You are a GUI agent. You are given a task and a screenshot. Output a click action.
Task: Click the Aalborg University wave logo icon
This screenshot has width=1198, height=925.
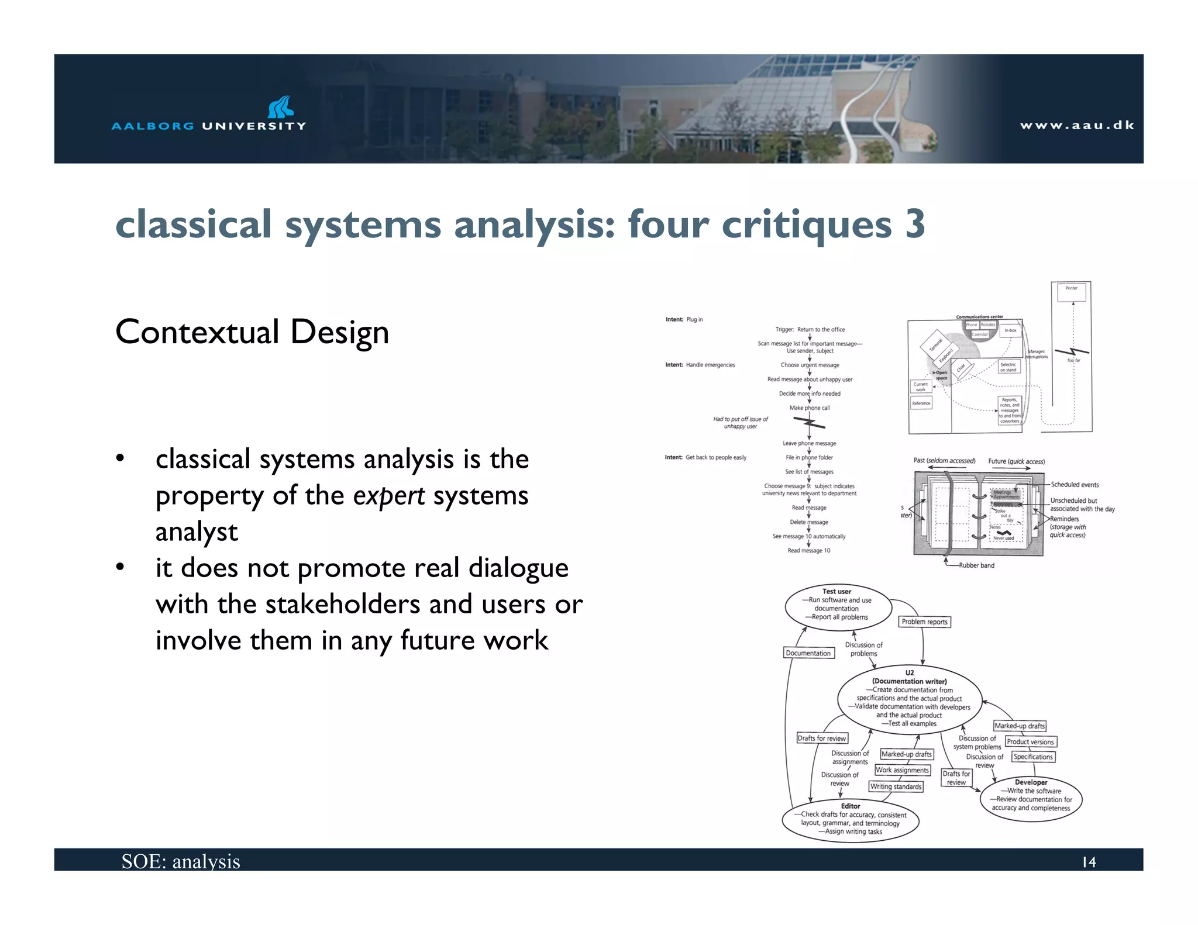pos(281,107)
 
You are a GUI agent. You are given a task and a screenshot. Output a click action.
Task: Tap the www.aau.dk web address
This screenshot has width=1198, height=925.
pos(1077,125)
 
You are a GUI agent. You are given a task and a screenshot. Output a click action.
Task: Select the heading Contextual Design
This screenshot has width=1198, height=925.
pos(252,332)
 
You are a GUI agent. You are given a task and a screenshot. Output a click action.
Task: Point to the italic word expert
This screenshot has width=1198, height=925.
pos(389,496)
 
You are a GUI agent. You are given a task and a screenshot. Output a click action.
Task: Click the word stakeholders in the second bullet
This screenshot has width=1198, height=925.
pos(343,605)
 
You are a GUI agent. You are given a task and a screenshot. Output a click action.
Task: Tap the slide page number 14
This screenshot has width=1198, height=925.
pos(1089,862)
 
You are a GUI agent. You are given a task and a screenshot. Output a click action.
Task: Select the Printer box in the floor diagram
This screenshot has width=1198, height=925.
pos(1072,291)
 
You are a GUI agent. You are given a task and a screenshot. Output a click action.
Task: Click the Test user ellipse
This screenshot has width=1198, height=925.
pos(837,608)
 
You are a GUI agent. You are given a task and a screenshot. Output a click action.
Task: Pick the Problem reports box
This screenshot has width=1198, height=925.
pos(924,622)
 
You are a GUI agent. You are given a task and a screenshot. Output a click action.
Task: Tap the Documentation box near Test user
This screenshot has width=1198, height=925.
pos(808,653)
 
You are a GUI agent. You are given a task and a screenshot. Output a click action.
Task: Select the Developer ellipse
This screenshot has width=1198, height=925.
pos(1031,798)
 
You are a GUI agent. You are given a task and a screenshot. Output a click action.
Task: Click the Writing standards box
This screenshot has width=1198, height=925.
pos(896,786)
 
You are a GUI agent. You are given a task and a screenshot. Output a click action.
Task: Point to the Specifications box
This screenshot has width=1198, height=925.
pos(1033,757)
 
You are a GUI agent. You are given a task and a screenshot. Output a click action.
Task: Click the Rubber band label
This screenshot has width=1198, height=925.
pos(976,565)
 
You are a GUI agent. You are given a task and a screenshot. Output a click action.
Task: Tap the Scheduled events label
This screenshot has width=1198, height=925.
pos(1075,485)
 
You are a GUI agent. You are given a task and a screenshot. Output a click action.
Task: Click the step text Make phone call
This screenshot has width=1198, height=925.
pos(810,408)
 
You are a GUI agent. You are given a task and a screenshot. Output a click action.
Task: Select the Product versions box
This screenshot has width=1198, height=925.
pos(1030,742)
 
